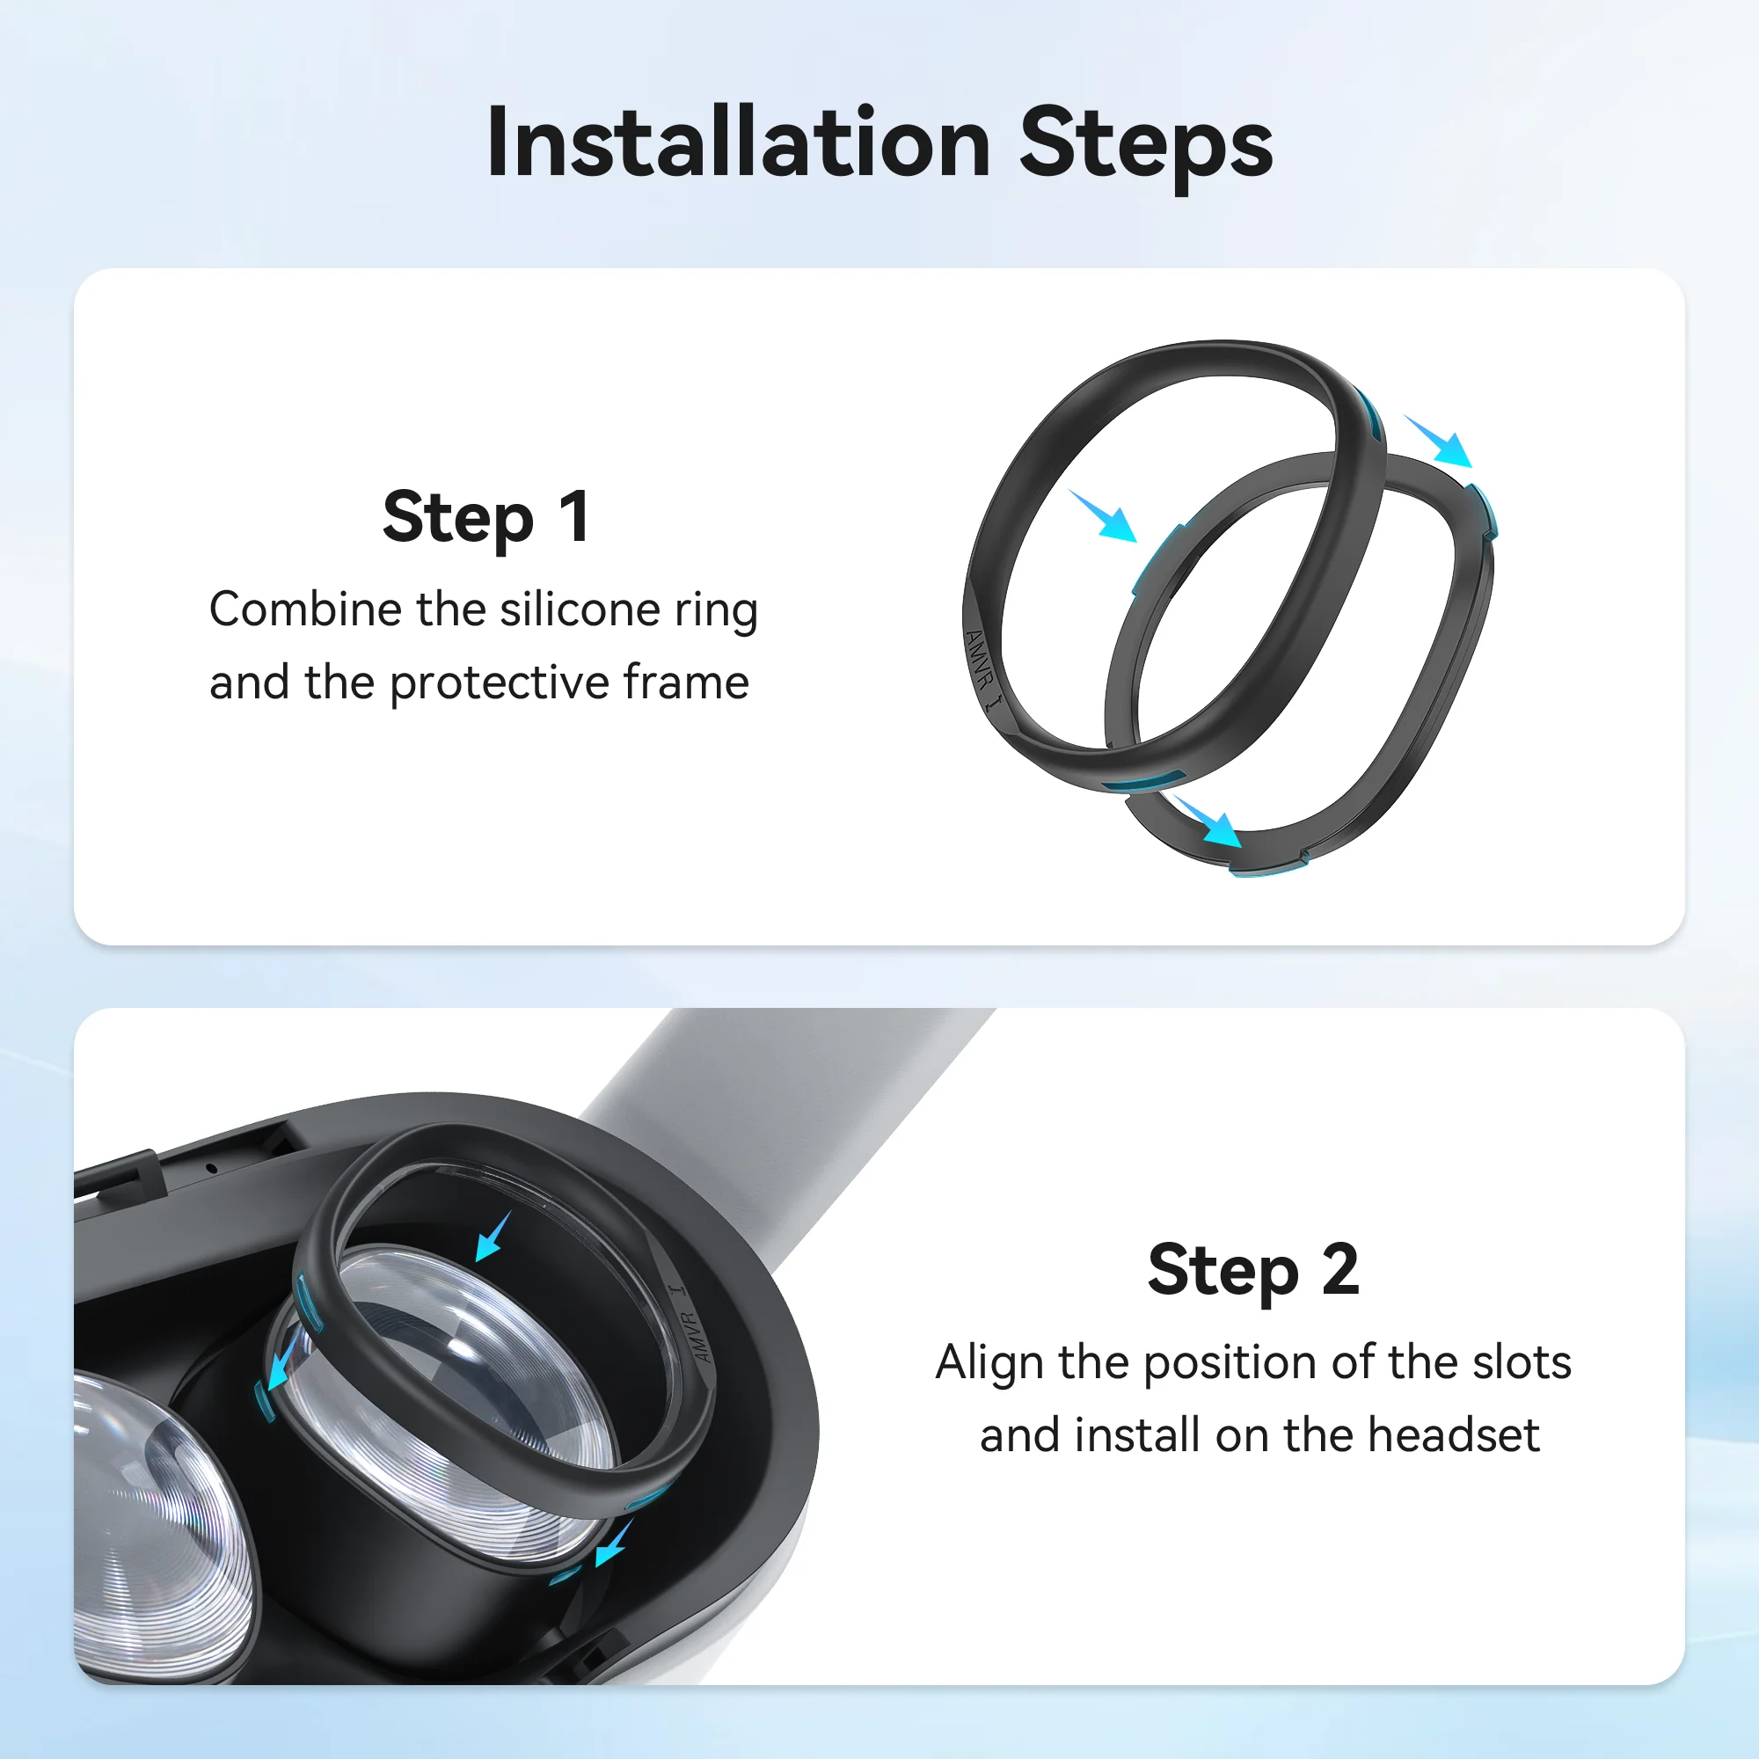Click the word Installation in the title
coord(739,144)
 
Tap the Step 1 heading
coord(486,517)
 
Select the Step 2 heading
coord(1252,1269)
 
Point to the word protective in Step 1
coord(499,682)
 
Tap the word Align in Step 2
coord(989,1363)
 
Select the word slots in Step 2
coord(1521,1363)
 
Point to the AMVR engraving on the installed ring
coord(693,1330)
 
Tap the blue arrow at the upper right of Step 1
coord(1440,442)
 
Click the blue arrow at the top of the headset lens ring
coord(493,1237)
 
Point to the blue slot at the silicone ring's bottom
coord(1142,780)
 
